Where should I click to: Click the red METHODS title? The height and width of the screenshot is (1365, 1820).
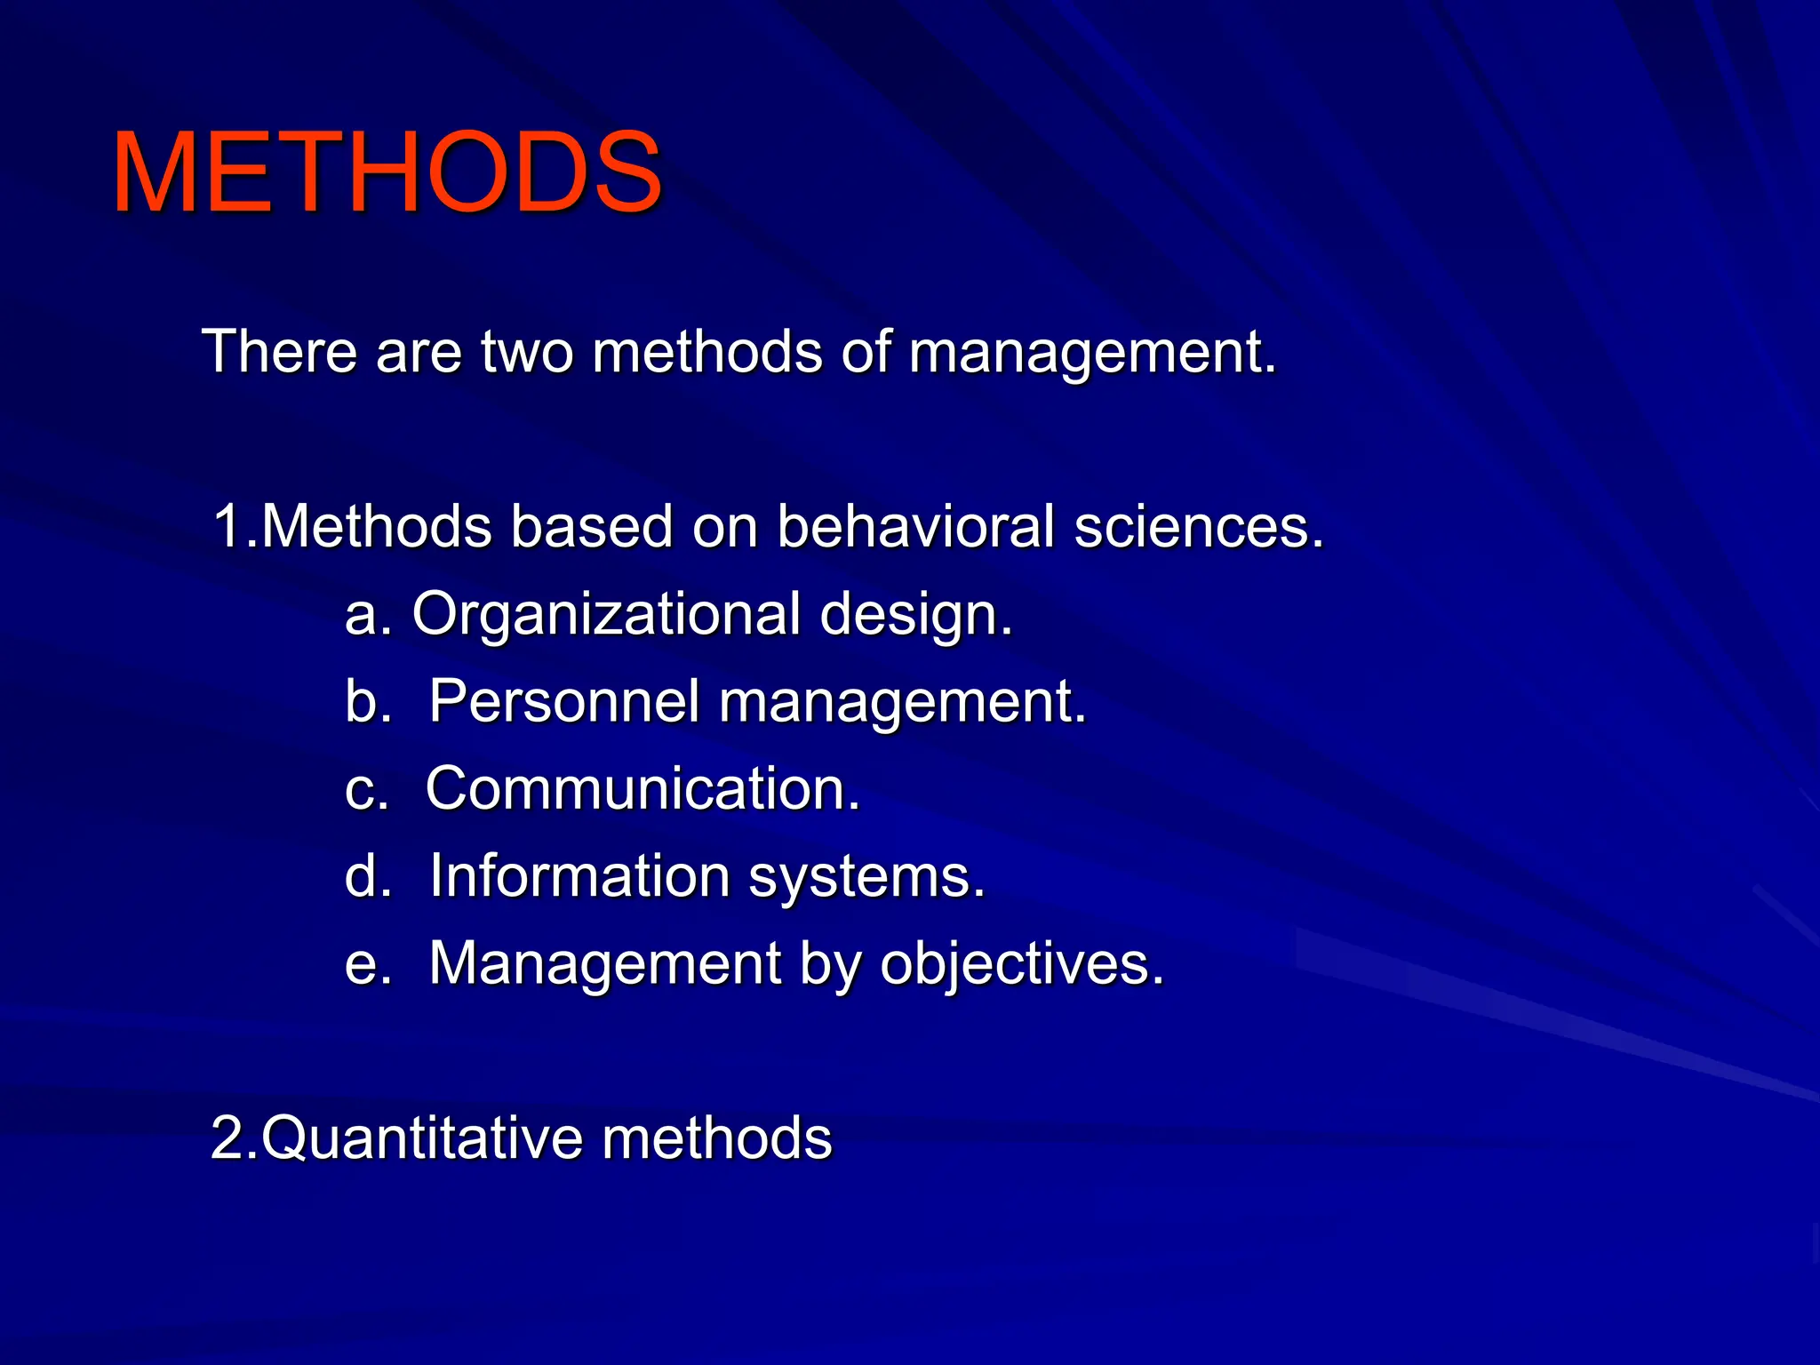pos(387,172)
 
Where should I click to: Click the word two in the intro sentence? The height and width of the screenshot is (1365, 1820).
pos(526,352)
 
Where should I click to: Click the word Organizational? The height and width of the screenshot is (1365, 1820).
pos(606,614)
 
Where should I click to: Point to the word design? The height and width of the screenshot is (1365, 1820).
pos(915,616)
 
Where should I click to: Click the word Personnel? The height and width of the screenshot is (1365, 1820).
pos(564,701)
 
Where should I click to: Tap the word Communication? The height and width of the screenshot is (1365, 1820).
pos(643,788)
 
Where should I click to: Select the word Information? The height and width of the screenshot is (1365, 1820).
pos(579,876)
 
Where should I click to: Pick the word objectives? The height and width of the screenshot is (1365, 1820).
pos(1022,964)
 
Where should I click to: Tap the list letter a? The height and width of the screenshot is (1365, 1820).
pos(363,616)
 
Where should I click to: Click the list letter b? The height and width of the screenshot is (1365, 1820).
pos(363,701)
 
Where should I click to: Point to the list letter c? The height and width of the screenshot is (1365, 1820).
pos(363,790)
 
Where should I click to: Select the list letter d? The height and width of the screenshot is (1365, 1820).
pos(363,876)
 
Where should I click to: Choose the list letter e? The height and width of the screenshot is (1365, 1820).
pos(363,965)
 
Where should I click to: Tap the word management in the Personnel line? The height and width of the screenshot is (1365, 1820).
pos(901,703)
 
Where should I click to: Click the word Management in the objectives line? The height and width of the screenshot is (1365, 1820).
pos(605,964)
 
